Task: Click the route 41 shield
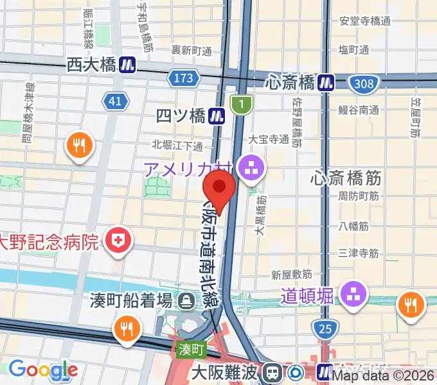point(114,101)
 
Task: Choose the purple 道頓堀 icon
point(354,295)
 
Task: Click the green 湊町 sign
point(190,350)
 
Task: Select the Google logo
point(43,370)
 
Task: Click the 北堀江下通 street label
point(177,145)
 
